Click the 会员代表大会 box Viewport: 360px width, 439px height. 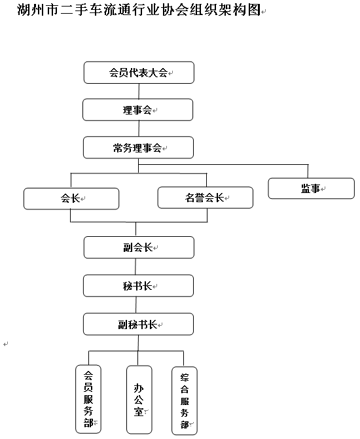coord(139,73)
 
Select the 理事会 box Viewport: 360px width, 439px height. coord(138,110)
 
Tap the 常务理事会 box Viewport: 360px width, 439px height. coord(138,148)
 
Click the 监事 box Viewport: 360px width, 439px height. coord(312,188)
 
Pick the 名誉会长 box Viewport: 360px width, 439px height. coord(206,198)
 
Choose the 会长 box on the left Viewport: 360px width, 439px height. coord(71,198)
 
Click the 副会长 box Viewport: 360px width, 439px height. coord(139,247)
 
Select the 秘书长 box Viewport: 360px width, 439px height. coord(138,286)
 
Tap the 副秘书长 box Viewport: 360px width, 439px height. coord(138,325)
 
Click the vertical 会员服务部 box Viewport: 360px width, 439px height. coord(88,399)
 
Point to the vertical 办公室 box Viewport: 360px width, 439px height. coord(139,400)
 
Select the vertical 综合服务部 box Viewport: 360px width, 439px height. coord(185,401)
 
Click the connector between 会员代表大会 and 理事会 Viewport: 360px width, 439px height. coord(139,91)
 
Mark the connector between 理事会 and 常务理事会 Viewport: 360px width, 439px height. coord(139,129)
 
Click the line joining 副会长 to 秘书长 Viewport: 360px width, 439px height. coord(135,266)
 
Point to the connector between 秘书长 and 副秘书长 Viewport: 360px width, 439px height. coord(136,305)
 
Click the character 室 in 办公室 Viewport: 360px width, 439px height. coord(139,412)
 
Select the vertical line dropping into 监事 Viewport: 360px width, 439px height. coord(308,171)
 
